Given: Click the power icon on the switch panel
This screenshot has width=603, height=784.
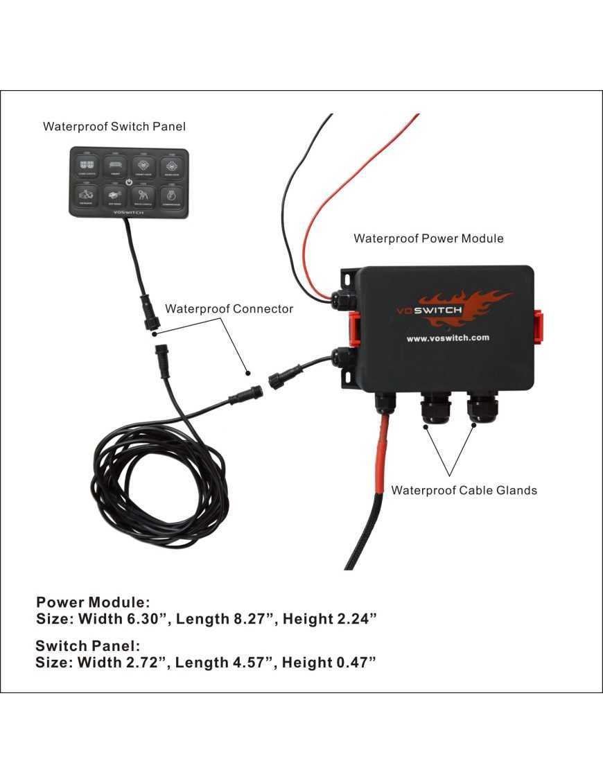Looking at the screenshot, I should (x=129, y=182).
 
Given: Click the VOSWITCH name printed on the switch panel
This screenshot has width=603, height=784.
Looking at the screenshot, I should (x=129, y=212).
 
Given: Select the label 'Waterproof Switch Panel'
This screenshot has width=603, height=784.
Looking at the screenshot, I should (x=114, y=126).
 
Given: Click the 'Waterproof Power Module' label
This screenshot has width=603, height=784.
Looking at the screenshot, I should (x=428, y=238).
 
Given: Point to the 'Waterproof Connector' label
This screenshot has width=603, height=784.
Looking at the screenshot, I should (x=229, y=308).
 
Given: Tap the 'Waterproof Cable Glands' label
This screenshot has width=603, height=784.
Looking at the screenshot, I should (x=464, y=490).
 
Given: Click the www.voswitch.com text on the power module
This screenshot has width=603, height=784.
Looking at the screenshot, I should (x=448, y=338).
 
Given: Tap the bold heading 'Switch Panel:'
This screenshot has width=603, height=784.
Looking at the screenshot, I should (x=88, y=646).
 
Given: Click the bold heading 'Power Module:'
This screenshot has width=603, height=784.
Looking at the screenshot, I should (x=93, y=602).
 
